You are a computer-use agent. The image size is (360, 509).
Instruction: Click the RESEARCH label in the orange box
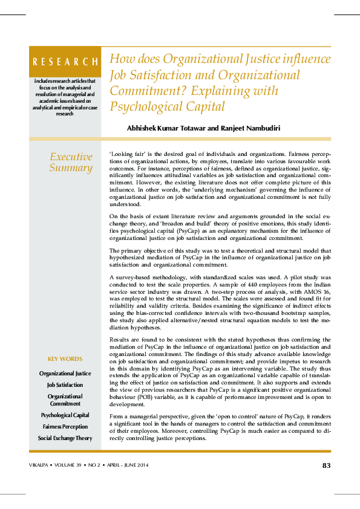pyautogui.click(x=65, y=62)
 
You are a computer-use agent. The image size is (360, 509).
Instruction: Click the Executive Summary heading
pyautogui.click(x=71, y=163)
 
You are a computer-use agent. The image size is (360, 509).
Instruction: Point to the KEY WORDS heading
pyautogui.click(x=65, y=359)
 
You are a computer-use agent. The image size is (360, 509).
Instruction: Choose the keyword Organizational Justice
pyautogui.click(x=65, y=374)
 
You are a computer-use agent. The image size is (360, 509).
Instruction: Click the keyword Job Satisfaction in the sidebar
pyautogui.click(x=65, y=384)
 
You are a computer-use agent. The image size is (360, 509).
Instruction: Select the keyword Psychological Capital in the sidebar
pyautogui.click(x=65, y=415)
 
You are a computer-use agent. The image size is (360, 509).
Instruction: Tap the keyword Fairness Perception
pyautogui.click(x=65, y=427)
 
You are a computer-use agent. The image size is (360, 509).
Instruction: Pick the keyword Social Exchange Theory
pyautogui.click(x=65, y=438)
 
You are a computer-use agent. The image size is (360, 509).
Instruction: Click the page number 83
pyautogui.click(x=326, y=465)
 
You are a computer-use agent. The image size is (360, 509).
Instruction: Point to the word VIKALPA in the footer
pyautogui.click(x=40, y=465)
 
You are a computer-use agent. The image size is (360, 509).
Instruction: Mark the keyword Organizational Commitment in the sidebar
pyautogui.click(x=65, y=400)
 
